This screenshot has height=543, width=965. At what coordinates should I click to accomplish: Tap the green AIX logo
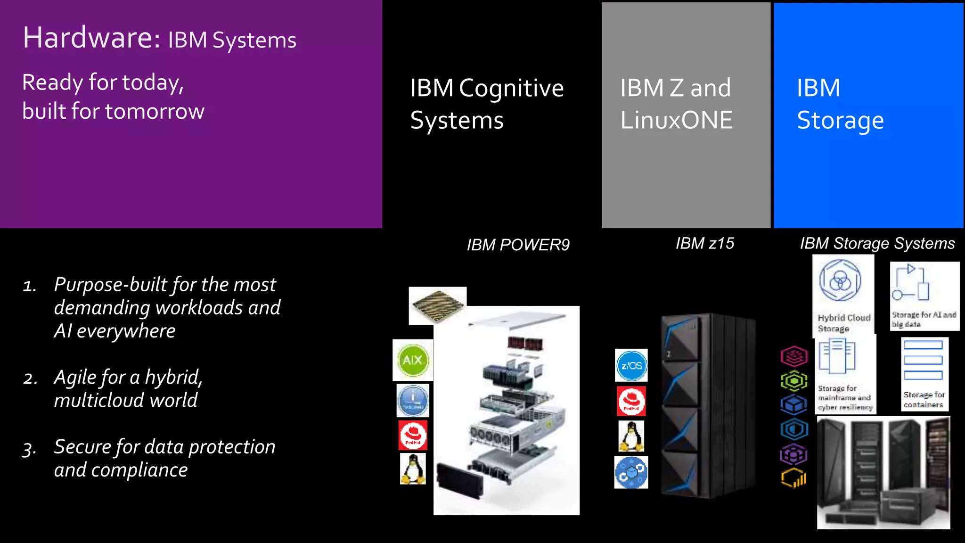click(413, 360)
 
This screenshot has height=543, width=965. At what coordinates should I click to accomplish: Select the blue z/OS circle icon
click(631, 365)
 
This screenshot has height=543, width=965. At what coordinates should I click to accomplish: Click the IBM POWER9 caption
click(518, 245)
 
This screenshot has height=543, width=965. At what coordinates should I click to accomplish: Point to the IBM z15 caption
click(705, 243)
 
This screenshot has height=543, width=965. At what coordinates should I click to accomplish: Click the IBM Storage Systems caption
click(877, 243)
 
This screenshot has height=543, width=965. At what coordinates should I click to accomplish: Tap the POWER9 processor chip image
click(437, 305)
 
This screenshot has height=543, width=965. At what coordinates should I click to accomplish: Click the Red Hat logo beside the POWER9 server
click(413, 436)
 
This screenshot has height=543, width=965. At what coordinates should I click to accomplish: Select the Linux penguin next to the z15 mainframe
click(631, 436)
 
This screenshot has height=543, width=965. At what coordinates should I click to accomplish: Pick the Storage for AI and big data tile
click(924, 296)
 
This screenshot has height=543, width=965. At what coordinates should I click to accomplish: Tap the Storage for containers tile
click(924, 374)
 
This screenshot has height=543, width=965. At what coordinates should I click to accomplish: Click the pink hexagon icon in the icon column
click(794, 356)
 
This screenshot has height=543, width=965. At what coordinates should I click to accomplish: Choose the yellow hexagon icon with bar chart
click(794, 478)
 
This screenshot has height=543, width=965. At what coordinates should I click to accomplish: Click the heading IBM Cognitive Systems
click(486, 104)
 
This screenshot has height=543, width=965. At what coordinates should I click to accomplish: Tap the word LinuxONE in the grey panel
click(676, 120)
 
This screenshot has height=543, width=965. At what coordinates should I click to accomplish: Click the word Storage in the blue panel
click(840, 120)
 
